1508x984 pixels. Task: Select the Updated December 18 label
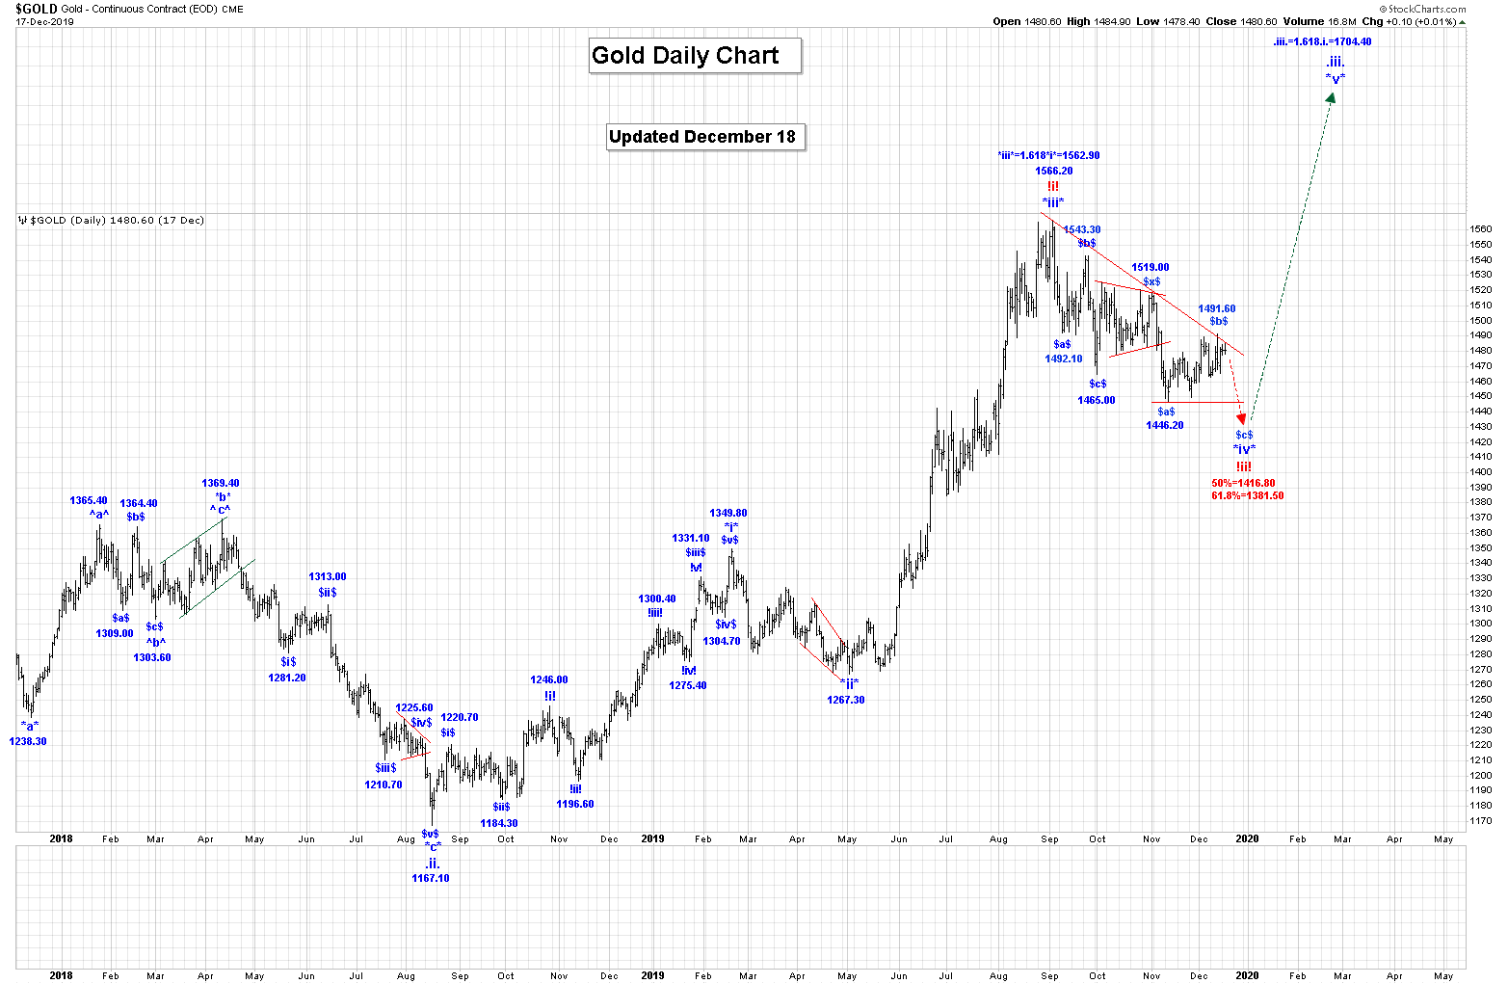pyautogui.click(x=702, y=137)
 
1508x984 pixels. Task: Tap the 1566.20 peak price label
pyautogui.click(x=1053, y=171)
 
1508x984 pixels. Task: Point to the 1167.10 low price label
pyautogui.click(x=430, y=878)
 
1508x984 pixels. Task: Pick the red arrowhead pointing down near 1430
pyautogui.click(x=1242, y=419)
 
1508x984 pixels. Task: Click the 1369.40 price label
pyautogui.click(x=220, y=483)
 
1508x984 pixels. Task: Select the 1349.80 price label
pyautogui.click(x=728, y=514)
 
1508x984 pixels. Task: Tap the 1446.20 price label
pyautogui.click(x=1164, y=425)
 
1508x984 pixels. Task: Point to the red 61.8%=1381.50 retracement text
pyautogui.click(x=1247, y=495)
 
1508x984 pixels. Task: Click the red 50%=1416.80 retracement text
pyautogui.click(x=1243, y=483)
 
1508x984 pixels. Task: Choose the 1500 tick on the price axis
pyautogui.click(x=1480, y=320)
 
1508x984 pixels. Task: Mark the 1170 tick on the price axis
pyautogui.click(x=1480, y=820)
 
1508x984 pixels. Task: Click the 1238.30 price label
pyautogui.click(x=28, y=741)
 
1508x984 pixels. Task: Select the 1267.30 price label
pyautogui.click(x=845, y=700)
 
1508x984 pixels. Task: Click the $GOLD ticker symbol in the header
pyautogui.click(x=36, y=9)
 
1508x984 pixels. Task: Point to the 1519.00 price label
pyautogui.click(x=1150, y=267)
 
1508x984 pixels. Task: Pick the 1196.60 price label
pyautogui.click(x=574, y=804)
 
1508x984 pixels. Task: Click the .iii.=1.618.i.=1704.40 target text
pyautogui.click(x=1322, y=41)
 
